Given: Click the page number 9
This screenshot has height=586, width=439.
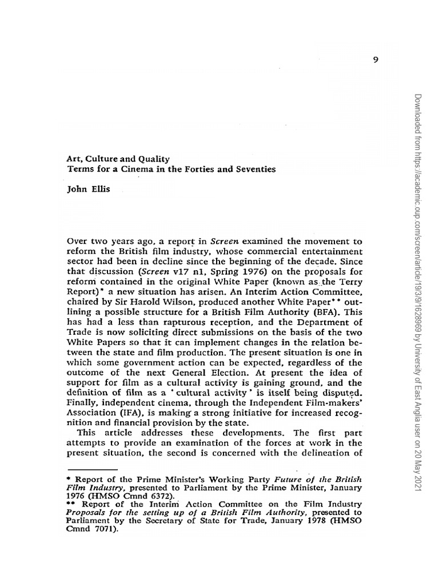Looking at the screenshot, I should click(x=376, y=62).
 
